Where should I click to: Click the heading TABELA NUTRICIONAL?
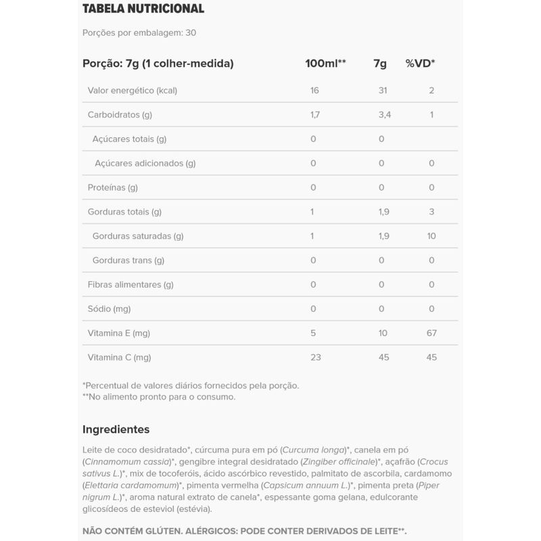pyautogui.click(x=143, y=9)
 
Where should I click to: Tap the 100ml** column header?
pyautogui.click(x=325, y=64)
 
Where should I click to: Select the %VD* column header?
pyautogui.click(x=420, y=64)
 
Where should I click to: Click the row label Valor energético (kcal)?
pyautogui.click(x=133, y=91)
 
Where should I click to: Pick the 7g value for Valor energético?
pyautogui.click(x=384, y=91)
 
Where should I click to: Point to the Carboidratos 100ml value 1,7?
pyautogui.click(x=314, y=115)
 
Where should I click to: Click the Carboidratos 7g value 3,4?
pyautogui.click(x=384, y=115)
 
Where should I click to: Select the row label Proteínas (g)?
pyautogui.click(x=113, y=187)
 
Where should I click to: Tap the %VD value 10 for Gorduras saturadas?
pyautogui.click(x=431, y=236)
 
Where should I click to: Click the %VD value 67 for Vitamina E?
pyautogui.click(x=431, y=333)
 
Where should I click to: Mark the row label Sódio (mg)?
pyautogui.click(x=109, y=308)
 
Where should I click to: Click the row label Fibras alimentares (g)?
pyautogui.click(x=131, y=285)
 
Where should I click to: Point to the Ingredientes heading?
pyautogui.click(x=116, y=429)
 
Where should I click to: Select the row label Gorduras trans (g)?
pyautogui.click(x=128, y=260)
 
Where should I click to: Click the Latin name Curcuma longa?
pyautogui.click(x=314, y=450)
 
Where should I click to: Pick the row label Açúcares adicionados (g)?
pyautogui.click(x=145, y=163)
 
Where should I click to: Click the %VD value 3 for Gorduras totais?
pyautogui.click(x=431, y=212)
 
